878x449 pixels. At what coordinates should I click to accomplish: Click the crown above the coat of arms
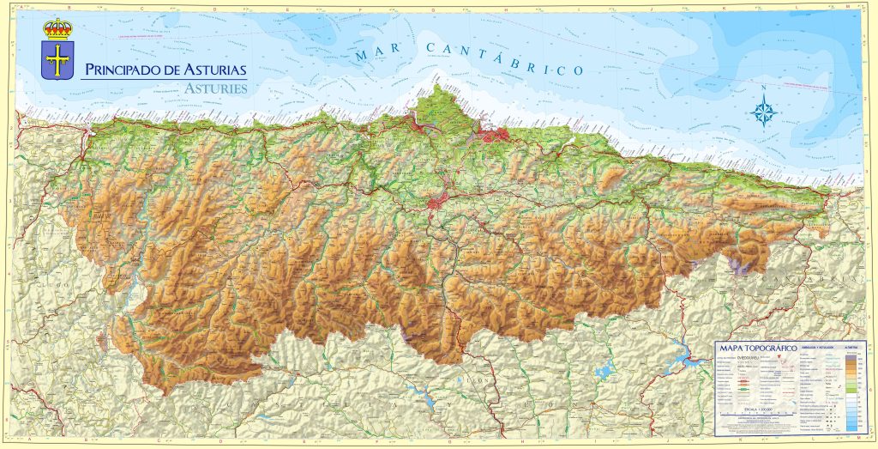click(58, 28)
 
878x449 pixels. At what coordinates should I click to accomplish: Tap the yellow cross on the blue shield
click(58, 61)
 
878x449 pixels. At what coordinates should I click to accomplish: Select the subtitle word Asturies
click(215, 88)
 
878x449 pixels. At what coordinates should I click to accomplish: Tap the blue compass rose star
click(764, 112)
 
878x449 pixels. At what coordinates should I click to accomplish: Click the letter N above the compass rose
click(764, 88)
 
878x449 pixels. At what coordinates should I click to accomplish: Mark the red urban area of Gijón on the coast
click(496, 135)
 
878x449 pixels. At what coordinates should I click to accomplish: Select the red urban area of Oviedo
click(439, 204)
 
